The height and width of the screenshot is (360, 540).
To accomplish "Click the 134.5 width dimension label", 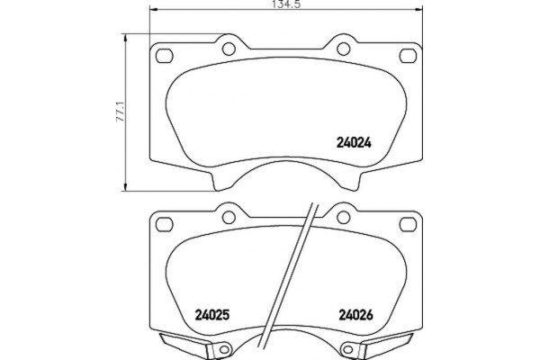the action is [x=286, y=4].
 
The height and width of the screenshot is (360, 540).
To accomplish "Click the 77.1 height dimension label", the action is [x=121, y=112].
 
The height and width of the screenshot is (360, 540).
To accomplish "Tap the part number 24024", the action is [x=354, y=142].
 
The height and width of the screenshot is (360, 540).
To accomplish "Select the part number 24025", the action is [x=212, y=314].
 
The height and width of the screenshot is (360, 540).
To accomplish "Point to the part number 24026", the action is [x=356, y=314].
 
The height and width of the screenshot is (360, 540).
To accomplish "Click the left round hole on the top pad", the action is [x=229, y=49].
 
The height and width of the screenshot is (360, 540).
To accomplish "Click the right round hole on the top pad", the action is [x=344, y=49].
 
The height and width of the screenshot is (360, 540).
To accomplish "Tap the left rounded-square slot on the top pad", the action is [x=165, y=56].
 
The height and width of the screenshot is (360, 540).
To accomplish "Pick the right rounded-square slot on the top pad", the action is [x=408, y=56].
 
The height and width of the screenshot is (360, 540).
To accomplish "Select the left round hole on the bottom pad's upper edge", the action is [x=229, y=217].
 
